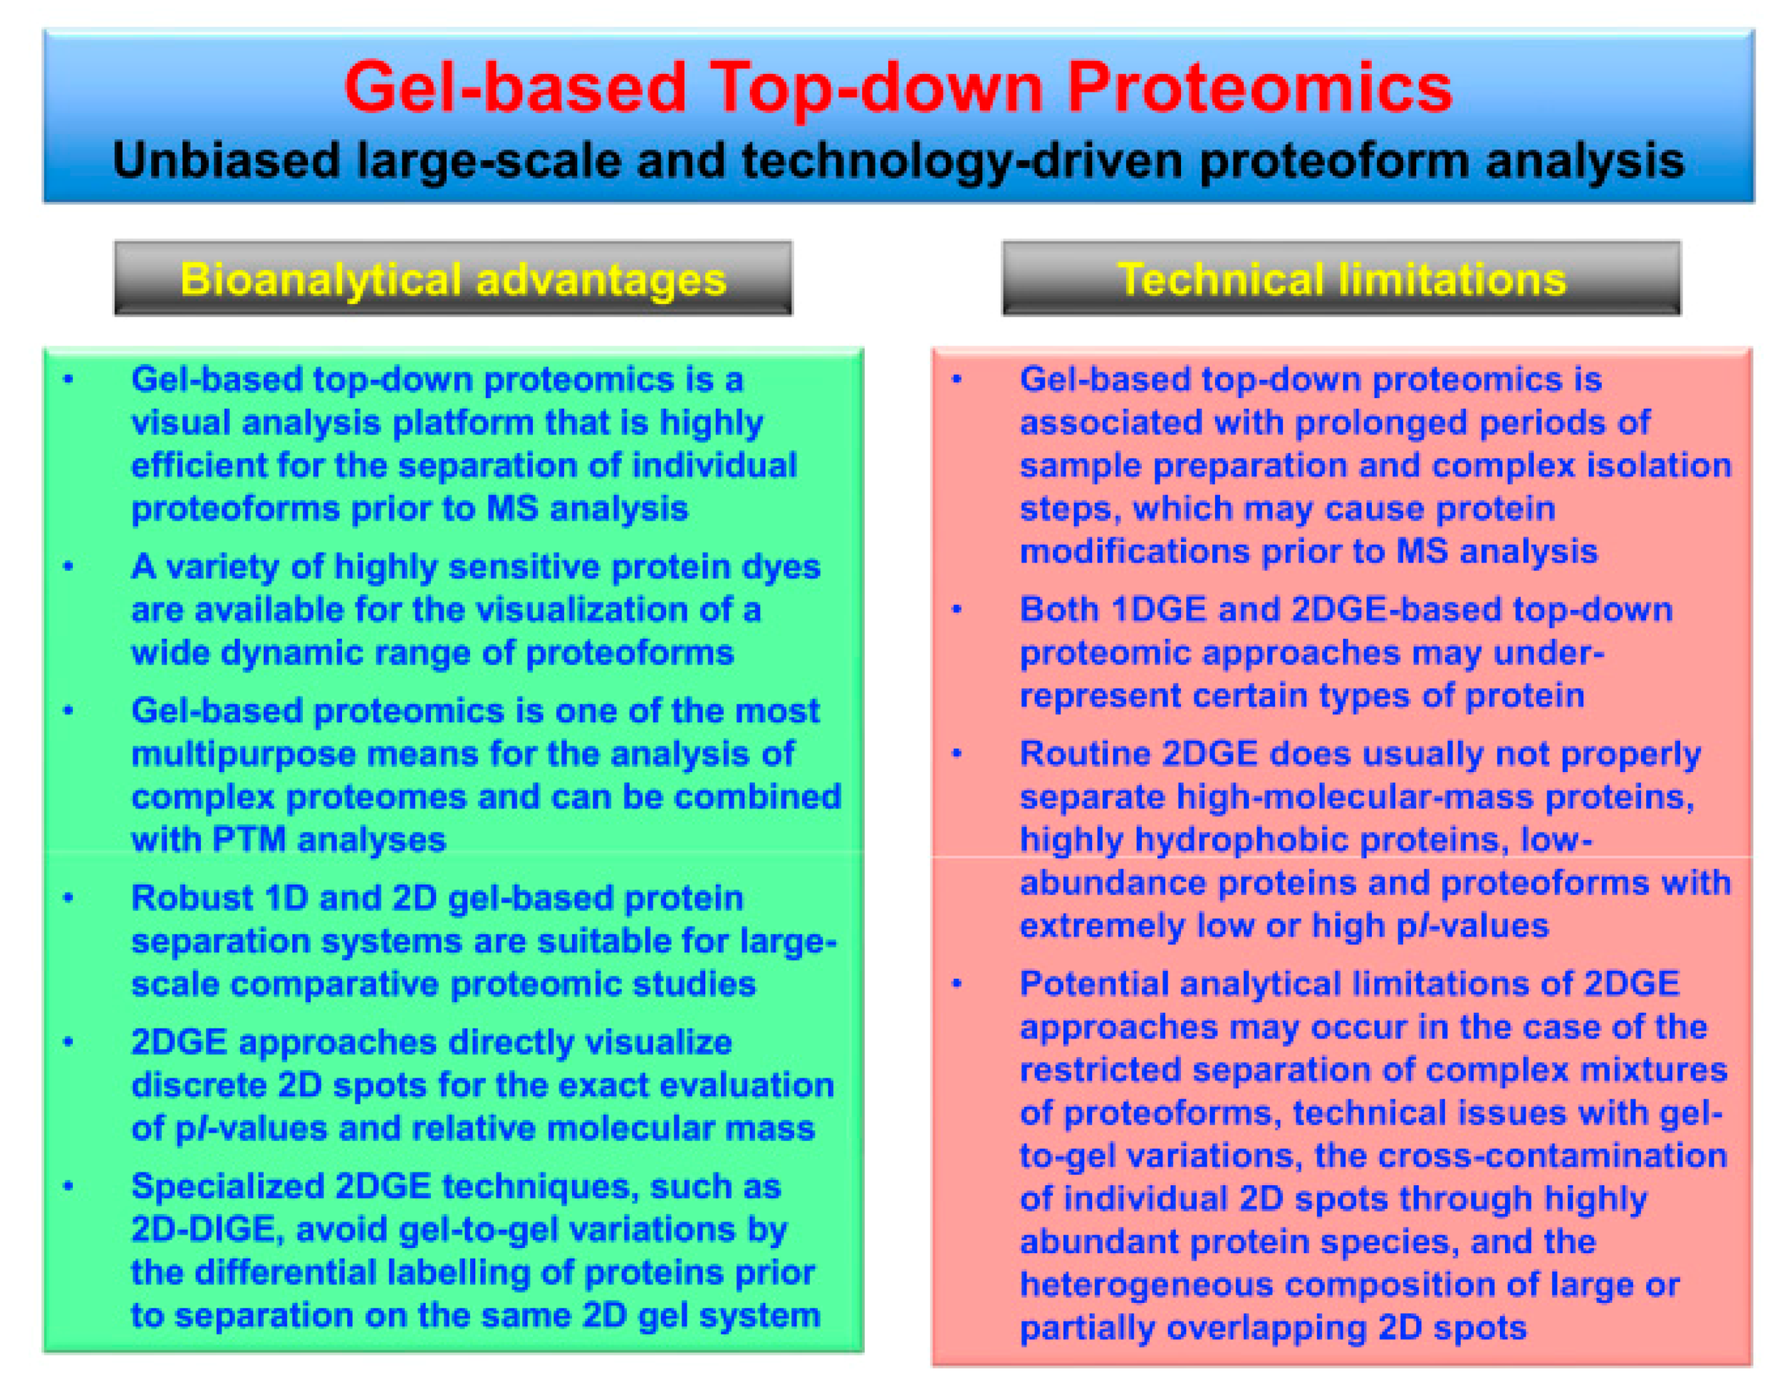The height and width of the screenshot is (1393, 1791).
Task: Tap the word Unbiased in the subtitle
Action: [226, 160]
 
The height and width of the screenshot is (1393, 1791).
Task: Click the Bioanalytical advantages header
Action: [453, 279]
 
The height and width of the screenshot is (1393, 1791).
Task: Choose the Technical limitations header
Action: [1341, 279]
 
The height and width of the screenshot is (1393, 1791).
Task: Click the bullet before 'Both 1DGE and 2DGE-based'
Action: [956, 610]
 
